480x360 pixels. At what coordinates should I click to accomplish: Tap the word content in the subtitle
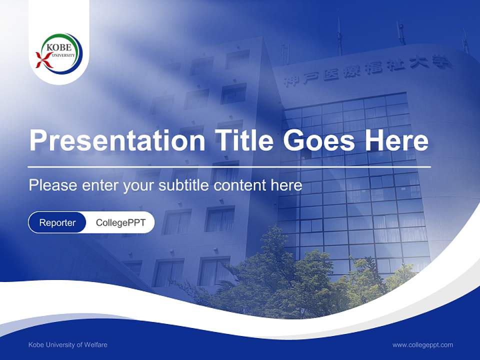click(241, 185)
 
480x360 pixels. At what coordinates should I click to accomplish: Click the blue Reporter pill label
click(57, 222)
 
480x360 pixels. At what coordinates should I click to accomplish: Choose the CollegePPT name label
click(120, 222)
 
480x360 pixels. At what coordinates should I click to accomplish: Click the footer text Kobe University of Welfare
click(68, 344)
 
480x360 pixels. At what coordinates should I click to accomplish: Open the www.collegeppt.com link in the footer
click(422, 344)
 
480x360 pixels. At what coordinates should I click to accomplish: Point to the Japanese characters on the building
click(367, 72)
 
